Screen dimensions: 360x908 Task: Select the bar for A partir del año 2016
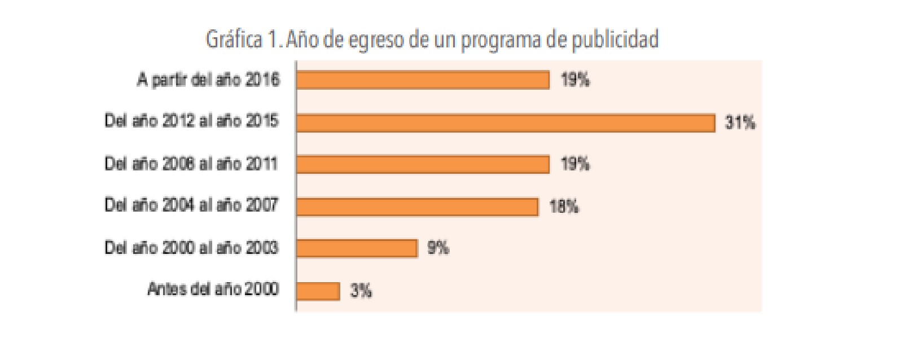pyautogui.click(x=423, y=80)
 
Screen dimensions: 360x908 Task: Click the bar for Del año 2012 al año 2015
pyautogui.click(x=505, y=122)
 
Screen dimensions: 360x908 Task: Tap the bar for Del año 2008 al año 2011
pyautogui.click(x=423, y=164)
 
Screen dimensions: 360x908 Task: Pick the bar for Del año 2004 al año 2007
pyautogui.click(x=417, y=207)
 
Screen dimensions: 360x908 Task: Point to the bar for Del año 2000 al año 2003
pyautogui.click(x=357, y=248)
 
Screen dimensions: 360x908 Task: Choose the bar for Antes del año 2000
pyautogui.click(x=318, y=291)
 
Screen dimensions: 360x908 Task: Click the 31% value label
pyautogui.click(x=740, y=122)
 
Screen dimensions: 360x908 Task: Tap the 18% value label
pyautogui.click(x=564, y=207)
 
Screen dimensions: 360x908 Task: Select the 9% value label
pyautogui.click(x=438, y=248)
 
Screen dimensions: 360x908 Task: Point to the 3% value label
pyautogui.click(x=361, y=291)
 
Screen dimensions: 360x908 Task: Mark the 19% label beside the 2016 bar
pyautogui.click(x=575, y=80)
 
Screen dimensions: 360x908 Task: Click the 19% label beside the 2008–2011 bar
pyautogui.click(x=575, y=164)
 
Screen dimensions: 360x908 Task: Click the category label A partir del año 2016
pyautogui.click(x=208, y=80)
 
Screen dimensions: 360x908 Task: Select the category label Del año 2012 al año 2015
pyautogui.click(x=191, y=121)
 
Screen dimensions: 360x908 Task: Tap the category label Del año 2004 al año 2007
pyautogui.click(x=191, y=204)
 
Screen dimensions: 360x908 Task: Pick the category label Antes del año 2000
pyautogui.click(x=213, y=289)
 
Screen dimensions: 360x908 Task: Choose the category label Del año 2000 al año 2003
pyautogui.click(x=191, y=247)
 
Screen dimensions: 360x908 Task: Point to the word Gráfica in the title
pyautogui.click(x=234, y=40)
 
